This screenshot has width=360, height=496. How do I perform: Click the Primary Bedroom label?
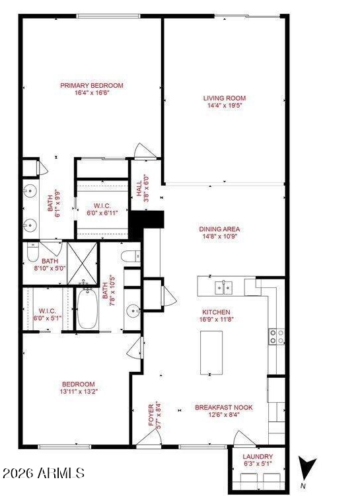coord(92,85)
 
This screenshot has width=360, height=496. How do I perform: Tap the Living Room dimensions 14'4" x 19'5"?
coord(225,106)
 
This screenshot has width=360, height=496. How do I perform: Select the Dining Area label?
coord(219,229)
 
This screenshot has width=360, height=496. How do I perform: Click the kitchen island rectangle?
coord(211,353)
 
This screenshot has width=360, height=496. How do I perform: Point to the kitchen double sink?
coord(224,288)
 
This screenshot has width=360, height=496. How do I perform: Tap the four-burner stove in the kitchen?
coord(277,337)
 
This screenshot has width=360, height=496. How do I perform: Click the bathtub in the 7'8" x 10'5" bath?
coord(87,308)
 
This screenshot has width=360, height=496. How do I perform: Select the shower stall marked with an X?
coord(83,264)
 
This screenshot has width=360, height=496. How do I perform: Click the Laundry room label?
coord(258,456)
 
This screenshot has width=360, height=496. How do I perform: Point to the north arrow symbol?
coord(307,470)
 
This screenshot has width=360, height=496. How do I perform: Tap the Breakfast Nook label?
coord(224,407)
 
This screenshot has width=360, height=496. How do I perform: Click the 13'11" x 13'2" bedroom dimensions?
coord(79,392)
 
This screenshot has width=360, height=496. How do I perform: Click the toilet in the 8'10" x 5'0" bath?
coord(32,252)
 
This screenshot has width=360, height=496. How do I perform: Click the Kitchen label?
coord(217,312)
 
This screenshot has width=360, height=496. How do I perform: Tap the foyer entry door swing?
coord(149,437)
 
